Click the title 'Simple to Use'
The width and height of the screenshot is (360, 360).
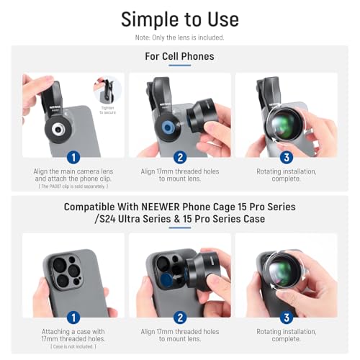[x=180, y=18]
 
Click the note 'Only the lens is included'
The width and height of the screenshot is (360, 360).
[x=180, y=37]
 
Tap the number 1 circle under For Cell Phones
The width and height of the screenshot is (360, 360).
[x=73, y=158]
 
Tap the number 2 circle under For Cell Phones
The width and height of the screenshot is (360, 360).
[x=180, y=158]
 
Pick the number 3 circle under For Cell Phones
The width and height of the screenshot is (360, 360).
[x=287, y=158]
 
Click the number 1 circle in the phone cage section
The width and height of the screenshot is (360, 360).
[x=73, y=318]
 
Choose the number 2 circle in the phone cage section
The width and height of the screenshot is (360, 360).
[x=180, y=318]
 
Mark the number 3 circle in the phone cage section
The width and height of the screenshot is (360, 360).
[x=287, y=318]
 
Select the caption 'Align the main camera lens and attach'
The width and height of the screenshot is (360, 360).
[x=73, y=175]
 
